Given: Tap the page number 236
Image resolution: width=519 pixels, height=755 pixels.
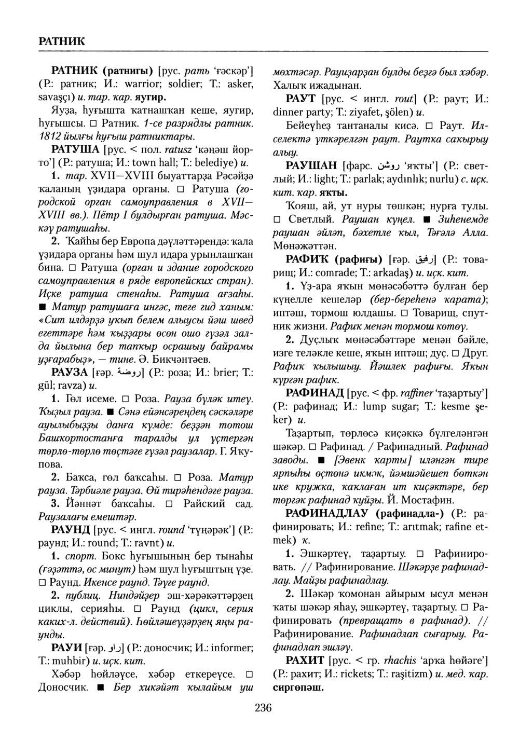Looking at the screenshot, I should (263, 707).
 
